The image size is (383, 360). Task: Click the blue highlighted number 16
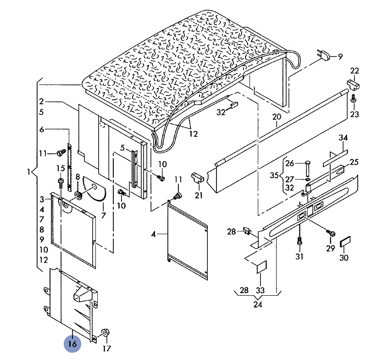pos(72,343)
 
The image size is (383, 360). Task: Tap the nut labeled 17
pos(105,332)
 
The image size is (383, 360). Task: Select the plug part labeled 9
pos(325,56)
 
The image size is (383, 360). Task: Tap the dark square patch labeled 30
pos(344,242)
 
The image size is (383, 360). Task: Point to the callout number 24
pos(258,304)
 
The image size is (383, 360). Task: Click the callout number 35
pos(274,175)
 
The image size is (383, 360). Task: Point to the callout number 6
pos(42,130)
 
